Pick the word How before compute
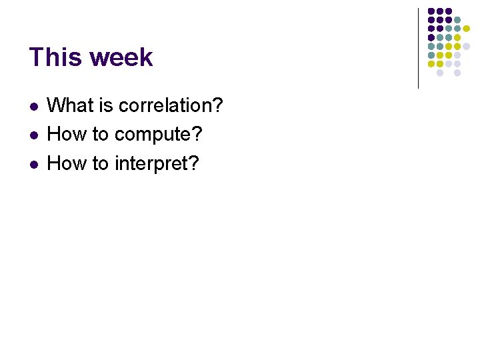click(67, 134)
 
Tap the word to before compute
click(101, 134)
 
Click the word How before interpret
click(67, 163)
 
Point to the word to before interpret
click(101, 163)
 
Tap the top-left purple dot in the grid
click(431, 11)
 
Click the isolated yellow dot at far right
click(467, 29)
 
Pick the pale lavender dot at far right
click(467, 46)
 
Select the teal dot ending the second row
click(457, 20)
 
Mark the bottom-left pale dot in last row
click(440, 73)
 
